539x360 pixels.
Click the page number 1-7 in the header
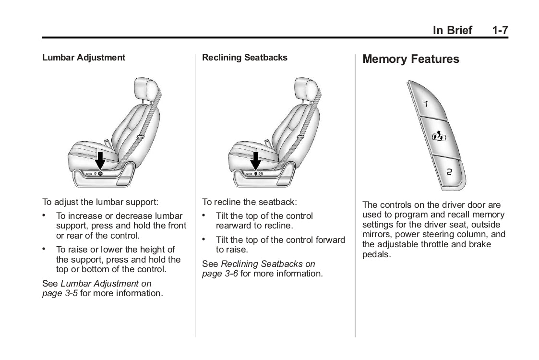500,30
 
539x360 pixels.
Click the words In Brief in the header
452,30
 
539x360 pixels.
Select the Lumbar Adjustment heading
84,58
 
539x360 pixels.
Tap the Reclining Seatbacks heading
244,58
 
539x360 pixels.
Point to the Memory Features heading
410,59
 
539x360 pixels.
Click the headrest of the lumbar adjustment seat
145,90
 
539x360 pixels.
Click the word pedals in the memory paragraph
376,254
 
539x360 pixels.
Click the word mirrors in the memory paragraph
377,235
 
